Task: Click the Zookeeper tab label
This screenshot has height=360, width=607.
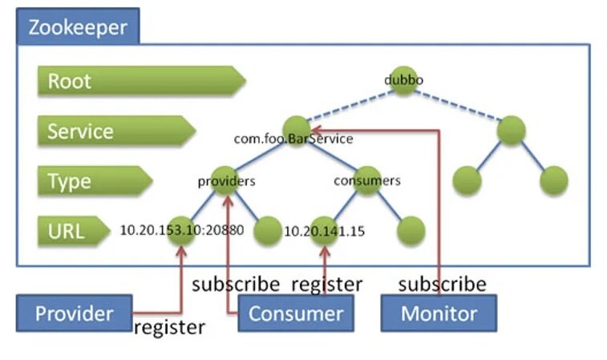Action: coord(77,27)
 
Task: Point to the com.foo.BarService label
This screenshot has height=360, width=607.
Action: coord(293,139)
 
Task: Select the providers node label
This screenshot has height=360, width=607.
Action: coord(226,181)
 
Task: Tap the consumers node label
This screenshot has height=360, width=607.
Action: coord(366,181)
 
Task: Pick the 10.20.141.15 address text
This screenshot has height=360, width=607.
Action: coord(325,232)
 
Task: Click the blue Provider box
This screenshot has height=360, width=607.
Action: coord(74,313)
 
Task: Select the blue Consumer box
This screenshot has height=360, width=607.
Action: coord(295,313)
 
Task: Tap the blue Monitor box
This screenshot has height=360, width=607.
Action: coord(439,313)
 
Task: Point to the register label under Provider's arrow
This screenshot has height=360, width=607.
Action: coord(169,327)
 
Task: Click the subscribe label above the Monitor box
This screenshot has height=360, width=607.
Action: coord(442,284)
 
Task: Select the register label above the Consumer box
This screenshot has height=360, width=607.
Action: coord(326,284)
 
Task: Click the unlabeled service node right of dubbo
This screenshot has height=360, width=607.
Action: coord(511,131)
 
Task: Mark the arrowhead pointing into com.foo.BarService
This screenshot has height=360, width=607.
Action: coord(314,130)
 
